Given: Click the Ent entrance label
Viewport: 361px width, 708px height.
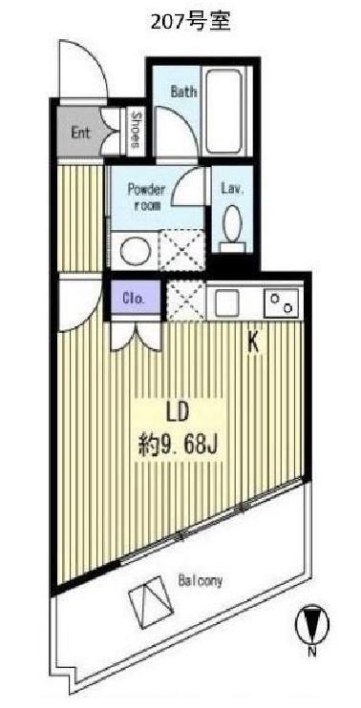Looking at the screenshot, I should coord(80,133).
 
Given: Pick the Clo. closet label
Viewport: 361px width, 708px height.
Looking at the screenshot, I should coord(134,299).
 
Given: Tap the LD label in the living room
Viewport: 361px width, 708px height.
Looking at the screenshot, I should coord(176,412).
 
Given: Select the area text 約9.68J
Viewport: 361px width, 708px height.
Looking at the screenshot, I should coord(177,445).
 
